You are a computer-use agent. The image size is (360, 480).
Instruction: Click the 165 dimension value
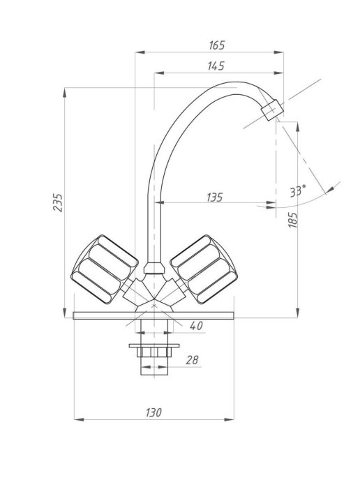[217, 45]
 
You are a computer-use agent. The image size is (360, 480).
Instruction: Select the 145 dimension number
[216, 66]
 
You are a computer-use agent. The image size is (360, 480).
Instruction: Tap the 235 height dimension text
[57, 202]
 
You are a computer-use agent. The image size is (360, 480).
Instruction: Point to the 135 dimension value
[214, 197]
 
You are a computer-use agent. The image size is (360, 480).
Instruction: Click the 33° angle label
[297, 191]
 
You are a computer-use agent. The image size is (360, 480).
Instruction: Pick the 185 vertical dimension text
[292, 220]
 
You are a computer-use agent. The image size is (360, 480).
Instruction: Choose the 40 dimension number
[196, 326]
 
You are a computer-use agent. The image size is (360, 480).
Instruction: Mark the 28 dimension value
[192, 360]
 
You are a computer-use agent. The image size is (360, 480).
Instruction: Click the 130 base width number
[153, 412]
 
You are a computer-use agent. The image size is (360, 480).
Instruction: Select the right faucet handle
[204, 269]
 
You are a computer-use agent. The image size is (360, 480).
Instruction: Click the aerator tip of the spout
[272, 110]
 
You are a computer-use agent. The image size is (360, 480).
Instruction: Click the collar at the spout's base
[153, 268]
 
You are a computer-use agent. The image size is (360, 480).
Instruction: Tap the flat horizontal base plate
[153, 315]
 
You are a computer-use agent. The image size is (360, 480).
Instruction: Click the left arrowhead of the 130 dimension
[79, 419]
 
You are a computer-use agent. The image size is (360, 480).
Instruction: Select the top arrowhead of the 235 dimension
[65, 93]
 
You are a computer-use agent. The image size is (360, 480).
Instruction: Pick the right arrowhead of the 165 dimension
[278, 52]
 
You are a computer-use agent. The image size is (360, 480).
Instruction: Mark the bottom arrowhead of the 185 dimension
[297, 313]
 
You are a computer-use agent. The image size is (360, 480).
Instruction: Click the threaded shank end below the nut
[154, 366]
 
